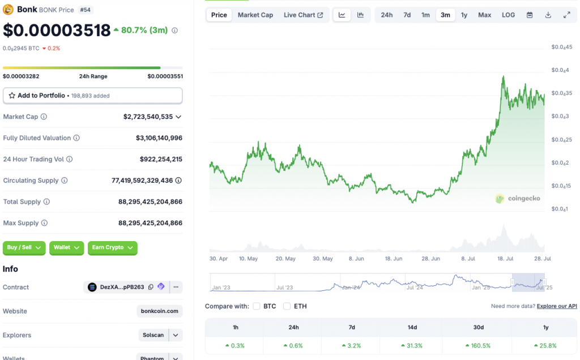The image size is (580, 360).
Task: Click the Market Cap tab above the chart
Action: (255, 15)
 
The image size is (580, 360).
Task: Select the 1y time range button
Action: (464, 15)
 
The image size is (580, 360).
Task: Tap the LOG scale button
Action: (508, 15)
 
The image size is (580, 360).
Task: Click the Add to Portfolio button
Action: (93, 96)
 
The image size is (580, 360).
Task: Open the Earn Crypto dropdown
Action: (112, 247)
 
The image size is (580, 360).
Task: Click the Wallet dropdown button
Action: (66, 247)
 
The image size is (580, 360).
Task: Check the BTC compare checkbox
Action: (257, 306)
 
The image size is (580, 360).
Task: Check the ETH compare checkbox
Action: (287, 306)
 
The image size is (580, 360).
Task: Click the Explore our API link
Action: (557, 306)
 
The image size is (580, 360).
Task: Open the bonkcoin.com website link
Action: (160, 311)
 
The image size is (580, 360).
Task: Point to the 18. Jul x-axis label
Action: (506, 259)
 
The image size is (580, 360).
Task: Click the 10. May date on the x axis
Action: (248, 259)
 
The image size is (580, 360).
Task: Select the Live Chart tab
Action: (303, 15)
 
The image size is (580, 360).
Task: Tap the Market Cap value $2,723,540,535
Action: (148, 117)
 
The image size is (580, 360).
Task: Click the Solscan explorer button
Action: (153, 335)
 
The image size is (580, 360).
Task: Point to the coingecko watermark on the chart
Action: (518, 199)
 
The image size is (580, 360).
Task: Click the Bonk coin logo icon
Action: (8, 9)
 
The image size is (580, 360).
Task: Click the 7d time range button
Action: (407, 15)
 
